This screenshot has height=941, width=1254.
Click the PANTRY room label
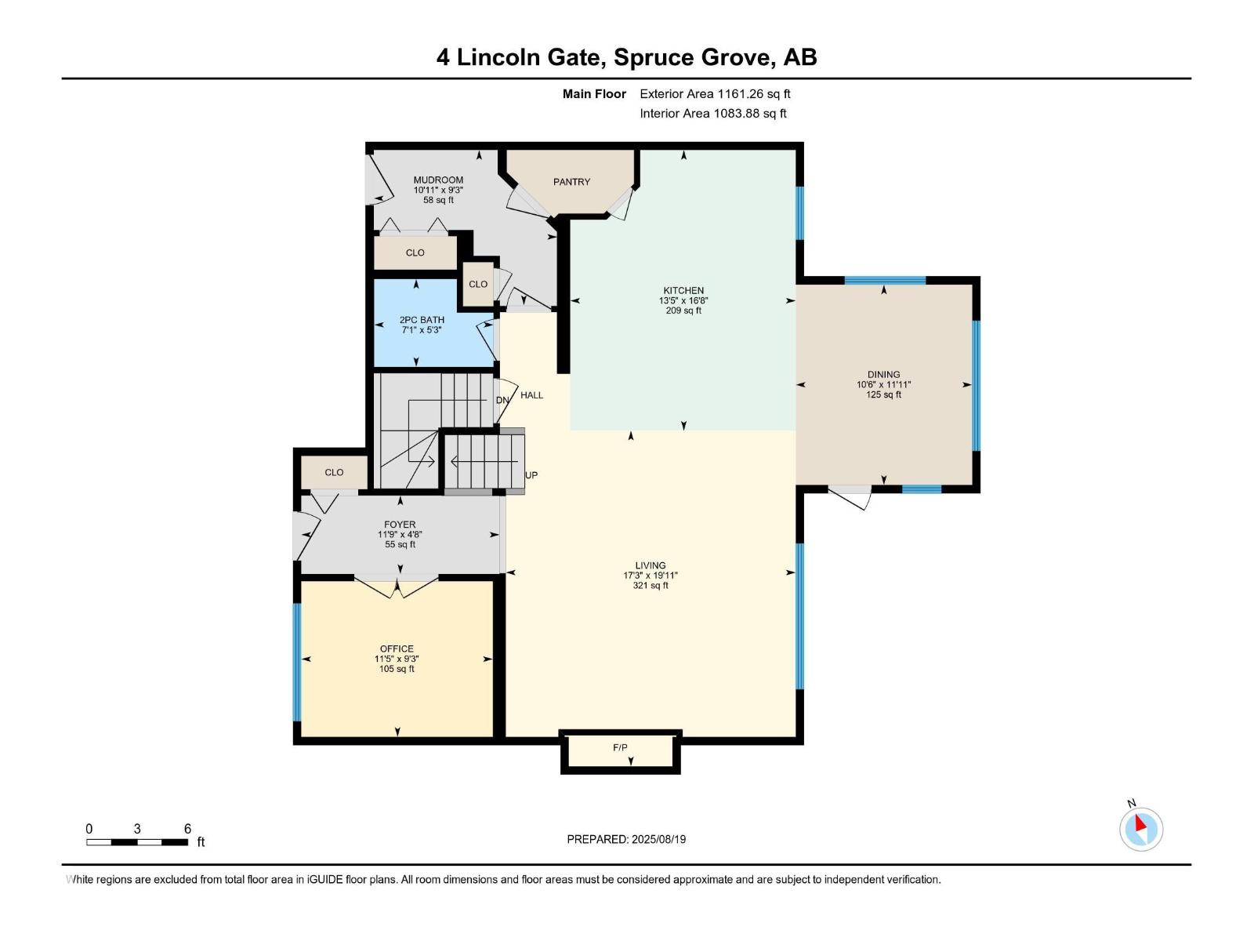(x=571, y=182)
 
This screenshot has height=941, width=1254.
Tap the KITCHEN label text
(x=683, y=290)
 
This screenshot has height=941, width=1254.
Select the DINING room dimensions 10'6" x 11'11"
(x=883, y=384)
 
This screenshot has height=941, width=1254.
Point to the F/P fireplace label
(x=620, y=747)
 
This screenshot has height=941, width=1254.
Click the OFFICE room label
(x=397, y=649)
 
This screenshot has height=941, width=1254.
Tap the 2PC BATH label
(x=422, y=320)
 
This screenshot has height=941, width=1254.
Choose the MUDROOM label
(x=438, y=180)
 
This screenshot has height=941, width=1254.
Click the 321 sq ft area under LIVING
(x=651, y=585)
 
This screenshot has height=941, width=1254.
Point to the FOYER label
(x=400, y=524)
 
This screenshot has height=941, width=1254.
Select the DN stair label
(x=502, y=400)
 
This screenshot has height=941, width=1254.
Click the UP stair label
(x=531, y=474)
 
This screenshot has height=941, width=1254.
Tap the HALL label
(x=531, y=394)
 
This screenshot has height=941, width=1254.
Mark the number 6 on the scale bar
(x=187, y=828)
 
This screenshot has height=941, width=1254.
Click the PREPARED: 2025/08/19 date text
(x=626, y=839)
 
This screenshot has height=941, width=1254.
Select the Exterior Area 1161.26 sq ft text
(x=715, y=93)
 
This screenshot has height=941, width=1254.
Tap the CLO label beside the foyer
(x=334, y=472)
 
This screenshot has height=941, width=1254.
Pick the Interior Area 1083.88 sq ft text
(x=713, y=113)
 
